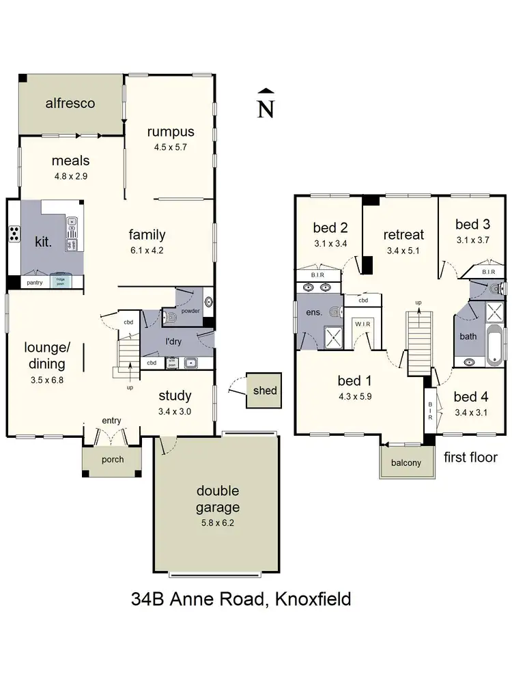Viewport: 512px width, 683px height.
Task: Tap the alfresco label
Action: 70,104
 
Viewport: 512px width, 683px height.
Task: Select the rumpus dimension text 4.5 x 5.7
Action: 170,147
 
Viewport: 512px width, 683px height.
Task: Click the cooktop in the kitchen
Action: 14,234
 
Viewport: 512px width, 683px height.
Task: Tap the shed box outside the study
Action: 264,391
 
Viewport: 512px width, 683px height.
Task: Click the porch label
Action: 113,459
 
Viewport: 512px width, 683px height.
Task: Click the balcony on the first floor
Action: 406,462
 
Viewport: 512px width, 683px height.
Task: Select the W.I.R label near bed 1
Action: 360,325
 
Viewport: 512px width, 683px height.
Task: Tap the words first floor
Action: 470,457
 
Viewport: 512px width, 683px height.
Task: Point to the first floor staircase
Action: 421,341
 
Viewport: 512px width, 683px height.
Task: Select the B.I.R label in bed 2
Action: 318,275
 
